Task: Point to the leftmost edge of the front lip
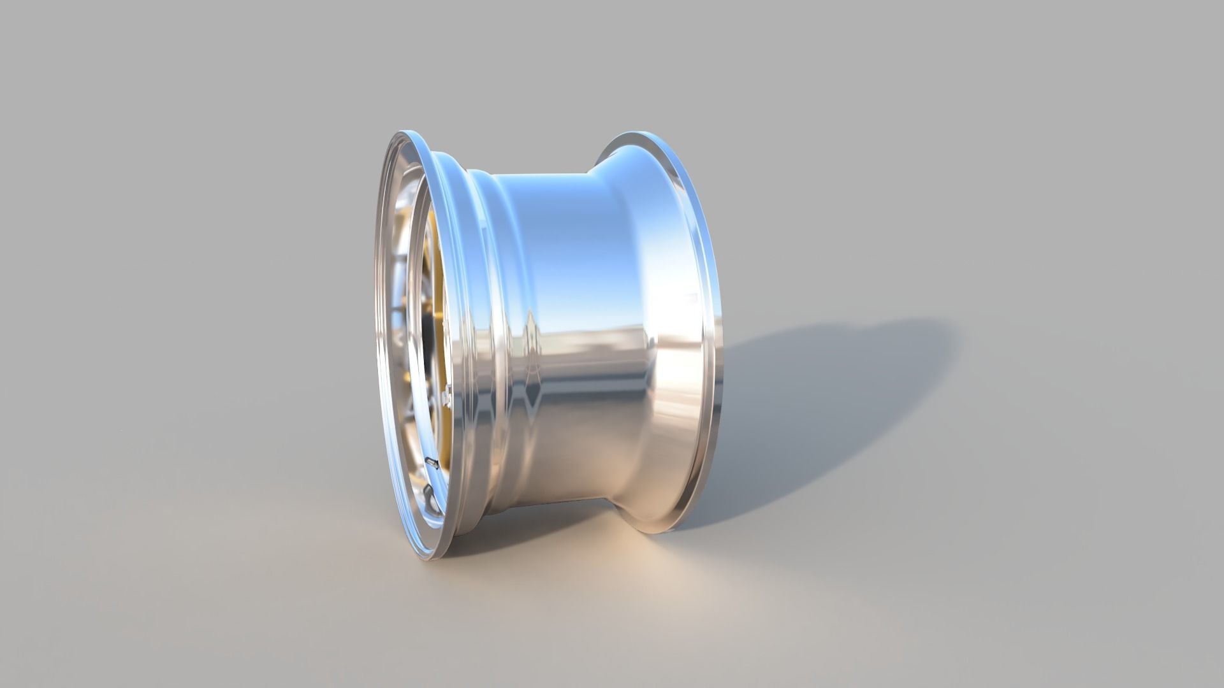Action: (x=376, y=319)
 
